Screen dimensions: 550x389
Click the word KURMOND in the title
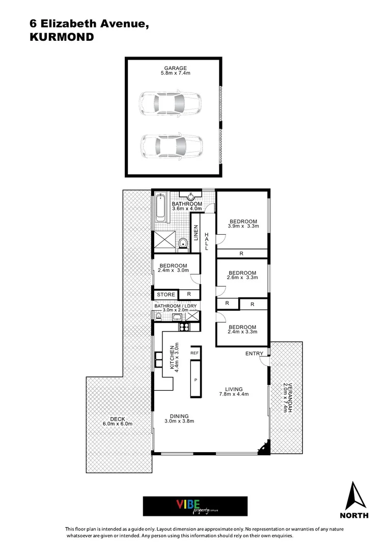click(x=62, y=37)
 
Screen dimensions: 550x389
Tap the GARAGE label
click(x=175, y=68)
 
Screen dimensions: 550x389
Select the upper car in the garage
click(x=170, y=104)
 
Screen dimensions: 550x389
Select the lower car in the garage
click(x=170, y=146)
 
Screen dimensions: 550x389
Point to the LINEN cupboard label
click(x=196, y=234)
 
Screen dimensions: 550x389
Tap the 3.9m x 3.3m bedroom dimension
click(x=243, y=227)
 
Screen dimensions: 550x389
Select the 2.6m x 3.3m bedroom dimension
click(x=242, y=278)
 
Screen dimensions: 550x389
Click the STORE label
click(x=165, y=294)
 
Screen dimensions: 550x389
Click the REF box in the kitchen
click(x=194, y=352)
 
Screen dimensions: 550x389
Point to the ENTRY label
click(x=254, y=353)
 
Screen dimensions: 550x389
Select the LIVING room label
click(x=234, y=389)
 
